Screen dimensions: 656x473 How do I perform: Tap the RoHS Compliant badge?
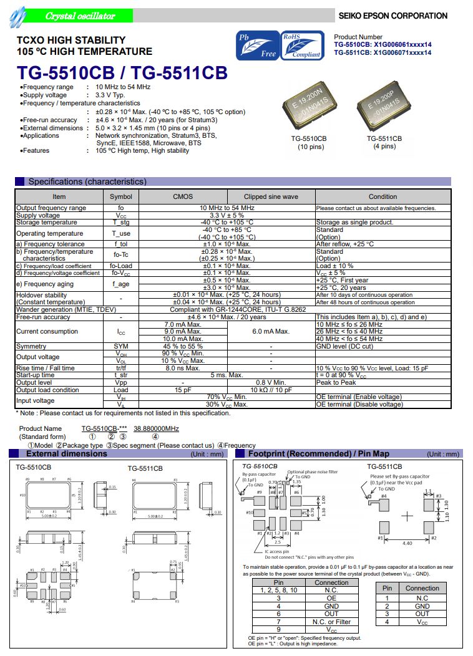coord(302,46)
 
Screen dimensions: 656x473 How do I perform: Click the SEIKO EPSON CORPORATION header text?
coord(393,16)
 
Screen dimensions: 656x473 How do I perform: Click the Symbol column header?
coord(121,196)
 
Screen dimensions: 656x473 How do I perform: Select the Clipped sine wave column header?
coord(271,196)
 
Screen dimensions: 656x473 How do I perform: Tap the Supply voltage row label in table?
coord(38,215)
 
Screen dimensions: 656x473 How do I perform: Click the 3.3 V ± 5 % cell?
coord(227,215)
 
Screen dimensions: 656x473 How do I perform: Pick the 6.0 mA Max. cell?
coord(271,332)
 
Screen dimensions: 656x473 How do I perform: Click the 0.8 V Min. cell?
coord(271,382)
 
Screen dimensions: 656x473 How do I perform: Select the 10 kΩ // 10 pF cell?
coord(271,390)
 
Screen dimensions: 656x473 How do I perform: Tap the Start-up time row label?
coord(36,375)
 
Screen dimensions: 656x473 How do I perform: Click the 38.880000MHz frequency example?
coord(156,429)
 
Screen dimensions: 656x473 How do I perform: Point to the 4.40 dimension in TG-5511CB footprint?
coord(407,543)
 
